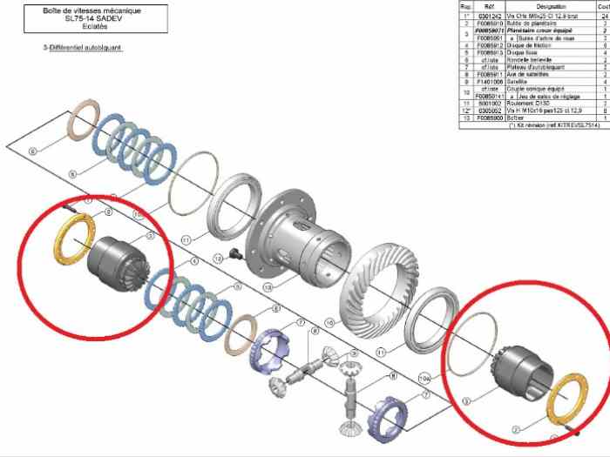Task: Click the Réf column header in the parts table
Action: pyautogui.click(x=491, y=6)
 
